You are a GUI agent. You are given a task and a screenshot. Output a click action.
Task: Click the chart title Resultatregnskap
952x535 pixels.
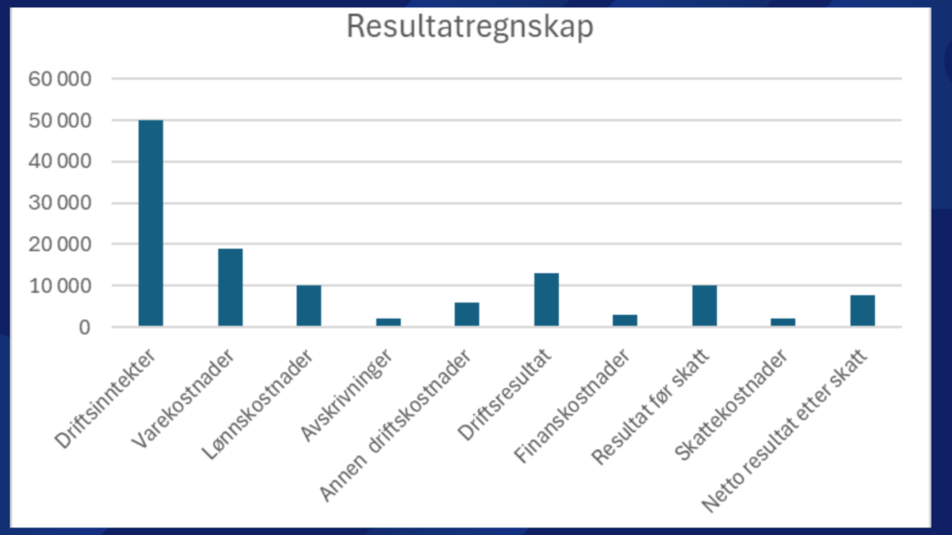(x=469, y=27)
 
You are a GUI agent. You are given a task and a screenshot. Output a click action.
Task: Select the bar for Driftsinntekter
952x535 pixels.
(x=151, y=223)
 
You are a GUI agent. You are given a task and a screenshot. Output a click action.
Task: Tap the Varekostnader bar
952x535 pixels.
(x=230, y=287)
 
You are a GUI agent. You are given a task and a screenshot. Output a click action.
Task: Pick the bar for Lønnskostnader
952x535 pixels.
(x=309, y=306)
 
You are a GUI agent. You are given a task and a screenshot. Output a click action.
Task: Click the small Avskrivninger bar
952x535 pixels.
(x=388, y=321)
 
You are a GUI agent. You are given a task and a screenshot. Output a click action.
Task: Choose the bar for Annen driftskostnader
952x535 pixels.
(x=467, y=314)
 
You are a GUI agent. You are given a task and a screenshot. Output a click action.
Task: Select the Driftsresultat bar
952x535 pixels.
(x=546, y=299)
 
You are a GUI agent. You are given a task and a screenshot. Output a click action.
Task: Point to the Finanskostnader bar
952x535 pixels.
(x=625, y=320)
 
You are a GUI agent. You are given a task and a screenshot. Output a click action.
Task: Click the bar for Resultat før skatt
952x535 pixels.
(x=704, y=306)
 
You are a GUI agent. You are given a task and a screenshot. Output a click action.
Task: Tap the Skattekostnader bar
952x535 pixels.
(x=783, y=321)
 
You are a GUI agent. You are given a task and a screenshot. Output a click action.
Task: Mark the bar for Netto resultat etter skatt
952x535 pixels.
(x=862, y=310)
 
